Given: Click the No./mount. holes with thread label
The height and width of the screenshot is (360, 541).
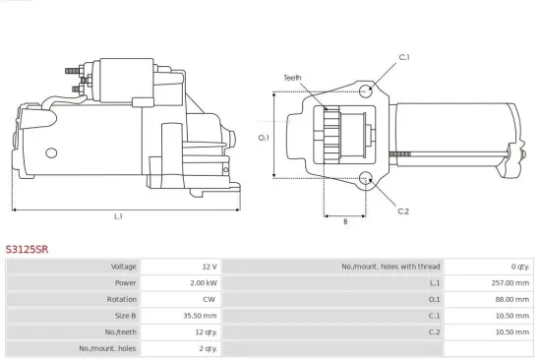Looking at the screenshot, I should coord(391,267).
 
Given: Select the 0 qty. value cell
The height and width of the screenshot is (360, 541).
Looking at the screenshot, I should coord(517,267).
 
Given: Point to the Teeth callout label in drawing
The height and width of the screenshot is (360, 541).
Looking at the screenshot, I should coord(292,78).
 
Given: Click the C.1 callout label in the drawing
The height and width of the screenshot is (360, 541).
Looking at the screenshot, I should coord(403,58).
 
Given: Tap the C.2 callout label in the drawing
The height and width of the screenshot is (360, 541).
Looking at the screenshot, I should coord(403,210).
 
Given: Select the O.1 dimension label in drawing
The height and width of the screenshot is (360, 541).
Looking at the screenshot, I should coord(264,138).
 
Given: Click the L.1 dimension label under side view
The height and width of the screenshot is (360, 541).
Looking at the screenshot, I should coord(118,216).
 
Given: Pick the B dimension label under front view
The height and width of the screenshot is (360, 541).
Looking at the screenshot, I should coord(344,221).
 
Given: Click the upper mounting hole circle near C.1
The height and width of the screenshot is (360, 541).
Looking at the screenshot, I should coord(366,91).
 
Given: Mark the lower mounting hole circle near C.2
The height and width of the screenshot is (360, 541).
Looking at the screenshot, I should coord(366,178).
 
